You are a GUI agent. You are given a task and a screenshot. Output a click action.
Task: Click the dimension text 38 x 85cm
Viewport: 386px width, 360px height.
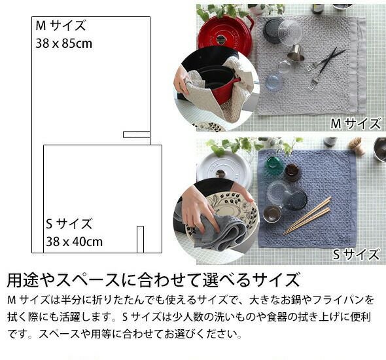click(x=64, y=44)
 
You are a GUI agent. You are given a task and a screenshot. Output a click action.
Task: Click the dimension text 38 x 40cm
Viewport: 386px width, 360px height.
click(x=75, y=242)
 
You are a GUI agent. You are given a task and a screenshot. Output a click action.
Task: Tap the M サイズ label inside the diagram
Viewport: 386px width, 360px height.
click(x=61, y=26)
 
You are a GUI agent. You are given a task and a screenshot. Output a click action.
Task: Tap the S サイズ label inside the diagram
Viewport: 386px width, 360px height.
click(x=69, y=224)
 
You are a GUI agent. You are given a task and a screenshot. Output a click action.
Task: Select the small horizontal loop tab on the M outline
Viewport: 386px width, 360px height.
click(x=137, y=134)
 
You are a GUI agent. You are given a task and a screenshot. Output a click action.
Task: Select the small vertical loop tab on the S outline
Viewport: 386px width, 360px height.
click(x=140, y=240)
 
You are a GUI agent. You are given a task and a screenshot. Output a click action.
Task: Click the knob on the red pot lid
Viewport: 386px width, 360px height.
click(x=221, y=39)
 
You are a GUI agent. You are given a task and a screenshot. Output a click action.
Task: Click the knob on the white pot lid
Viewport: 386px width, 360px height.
click(x=220, y=173)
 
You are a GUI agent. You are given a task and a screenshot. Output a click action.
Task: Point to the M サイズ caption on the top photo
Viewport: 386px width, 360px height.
click(x=356, y=123)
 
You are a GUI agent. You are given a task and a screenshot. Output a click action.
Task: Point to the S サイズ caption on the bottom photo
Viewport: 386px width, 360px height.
click(x=356, y=255)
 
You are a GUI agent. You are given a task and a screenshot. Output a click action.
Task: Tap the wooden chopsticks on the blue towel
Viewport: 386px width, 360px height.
click(x=307, y=216)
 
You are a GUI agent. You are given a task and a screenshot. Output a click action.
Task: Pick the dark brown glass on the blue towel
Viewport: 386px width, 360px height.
click(x=292, y=172)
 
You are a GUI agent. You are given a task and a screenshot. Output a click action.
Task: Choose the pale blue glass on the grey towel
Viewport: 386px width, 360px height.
click(x=273, y=81)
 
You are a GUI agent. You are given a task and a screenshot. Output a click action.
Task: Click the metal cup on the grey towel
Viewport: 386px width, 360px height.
click(x=295, y=54)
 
